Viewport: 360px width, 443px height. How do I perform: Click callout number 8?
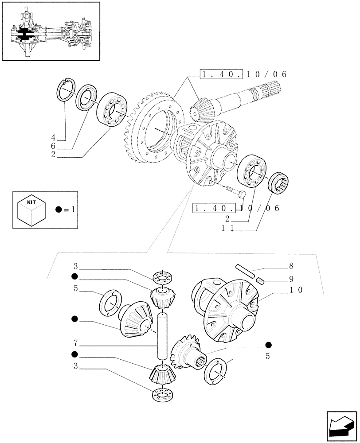(290, 267)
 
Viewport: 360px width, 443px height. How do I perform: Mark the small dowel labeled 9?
(261, 280)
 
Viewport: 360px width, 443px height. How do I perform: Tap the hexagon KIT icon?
(31, 210)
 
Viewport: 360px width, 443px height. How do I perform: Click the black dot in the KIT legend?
(59, 210)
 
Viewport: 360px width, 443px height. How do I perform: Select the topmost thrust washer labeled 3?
(163, 277)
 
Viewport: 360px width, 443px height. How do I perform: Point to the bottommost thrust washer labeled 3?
(163, 394)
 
